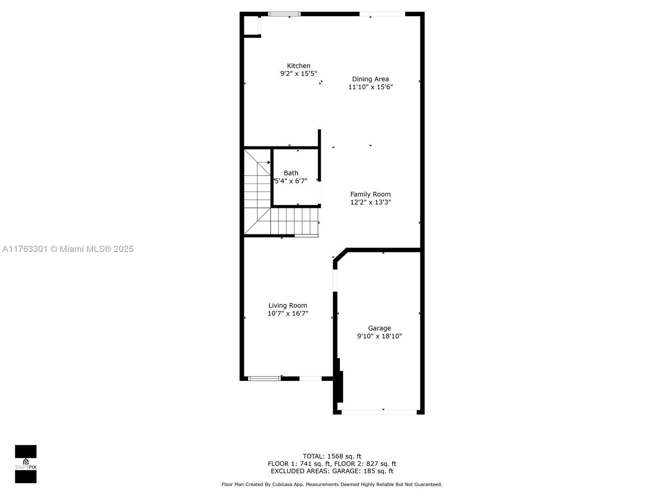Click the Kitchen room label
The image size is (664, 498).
pos(298,66)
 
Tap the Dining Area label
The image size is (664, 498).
pos(370,79)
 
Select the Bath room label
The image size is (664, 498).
pos(291,173)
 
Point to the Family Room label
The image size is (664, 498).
pos(370,194)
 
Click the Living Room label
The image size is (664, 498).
pos(287,305)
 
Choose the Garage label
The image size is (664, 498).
pos(379,328)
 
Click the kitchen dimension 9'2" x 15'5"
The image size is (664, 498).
pos(298,73)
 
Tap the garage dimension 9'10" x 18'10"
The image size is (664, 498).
pos(379,336)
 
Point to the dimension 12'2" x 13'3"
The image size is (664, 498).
pos(370,202)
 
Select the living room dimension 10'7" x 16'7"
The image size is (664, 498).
pos(288,313)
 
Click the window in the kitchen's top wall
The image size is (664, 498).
pos(284,14)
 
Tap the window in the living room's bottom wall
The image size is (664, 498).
pos(264,378)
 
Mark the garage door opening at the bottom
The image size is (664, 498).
pos(379,412)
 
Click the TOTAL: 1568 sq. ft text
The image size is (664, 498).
pos(332,456)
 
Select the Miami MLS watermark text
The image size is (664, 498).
pos(68,249)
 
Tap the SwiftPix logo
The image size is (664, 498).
pos(26,464)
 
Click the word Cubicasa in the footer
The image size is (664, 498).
pos(282,484)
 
